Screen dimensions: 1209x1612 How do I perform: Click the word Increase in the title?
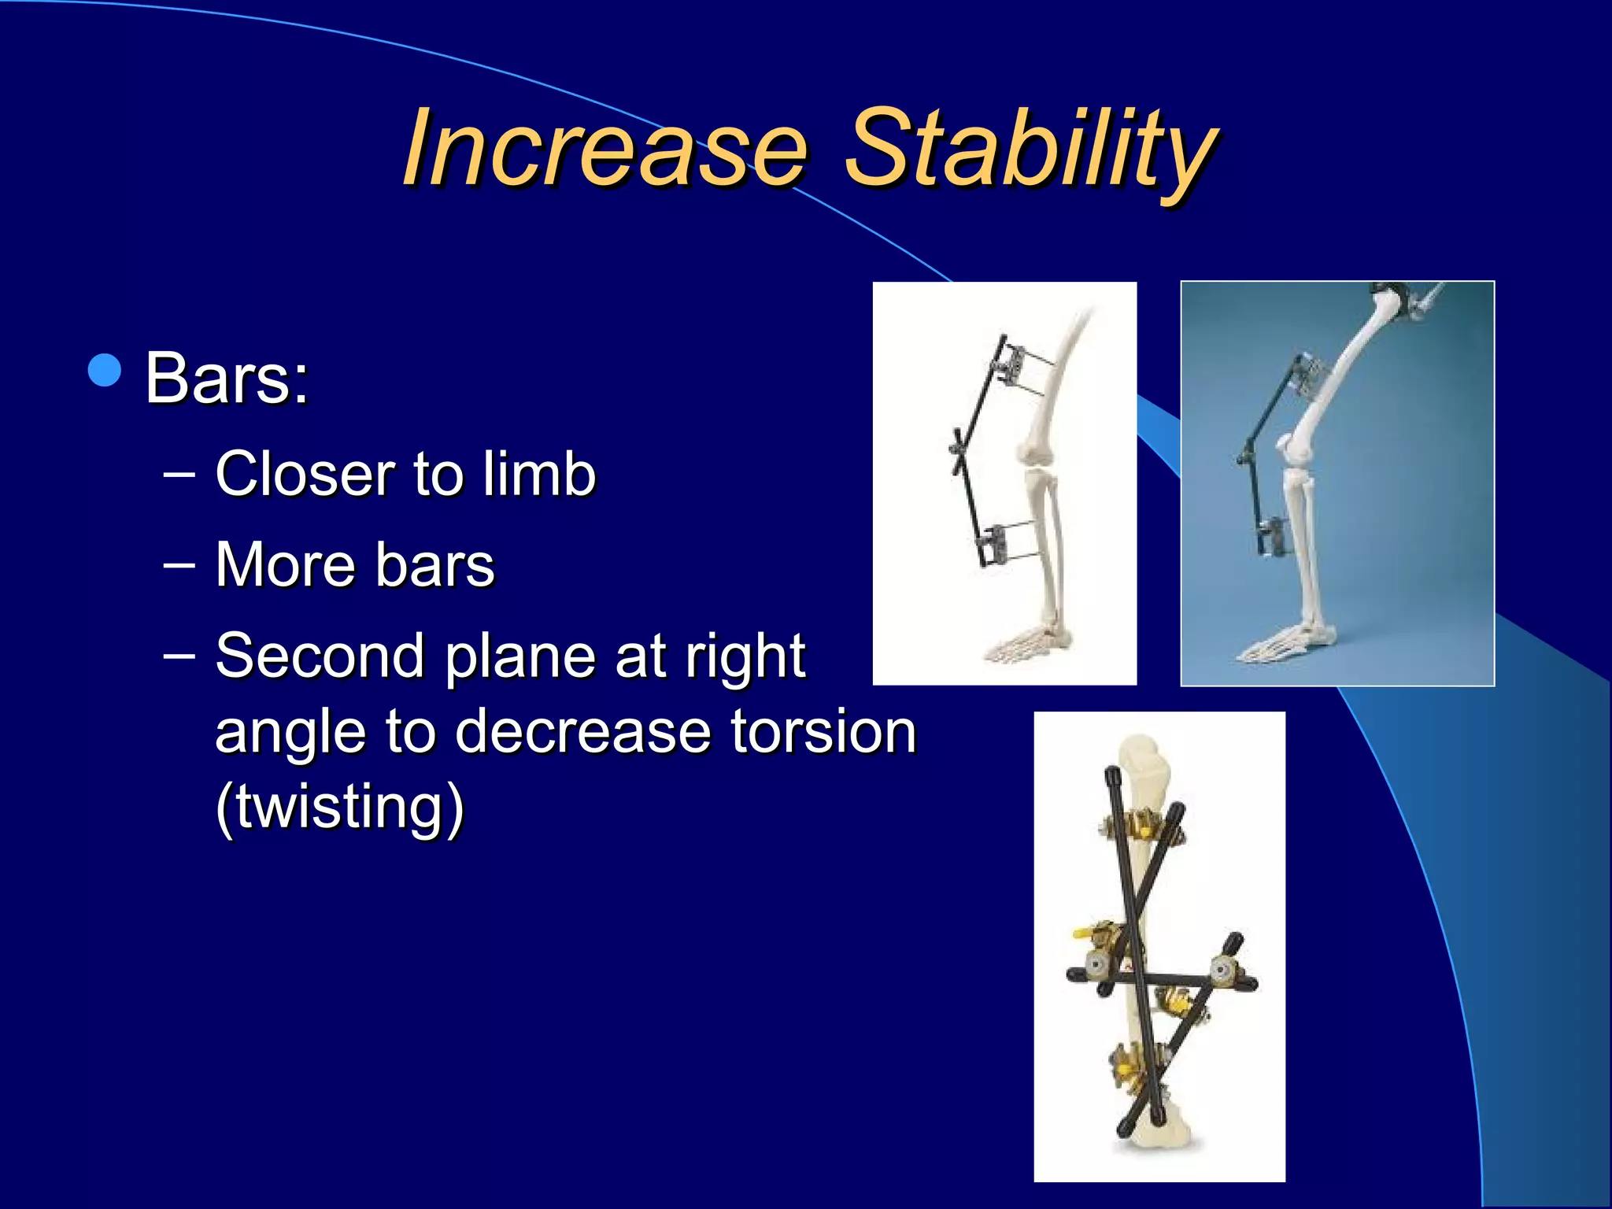pyautogui.click(x=604, y=150)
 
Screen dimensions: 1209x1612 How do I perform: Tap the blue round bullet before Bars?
pyautogui.click(x=105, y=370)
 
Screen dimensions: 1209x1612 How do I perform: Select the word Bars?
pyautogui.click(x=227, y=379)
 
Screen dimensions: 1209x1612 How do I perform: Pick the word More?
pyautogui.click(x=285, y=565)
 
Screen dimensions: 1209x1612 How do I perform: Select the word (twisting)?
pyautogui.click(x=339, y=808)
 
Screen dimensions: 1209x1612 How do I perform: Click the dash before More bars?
pyautogui.click(x=179, y=565)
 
